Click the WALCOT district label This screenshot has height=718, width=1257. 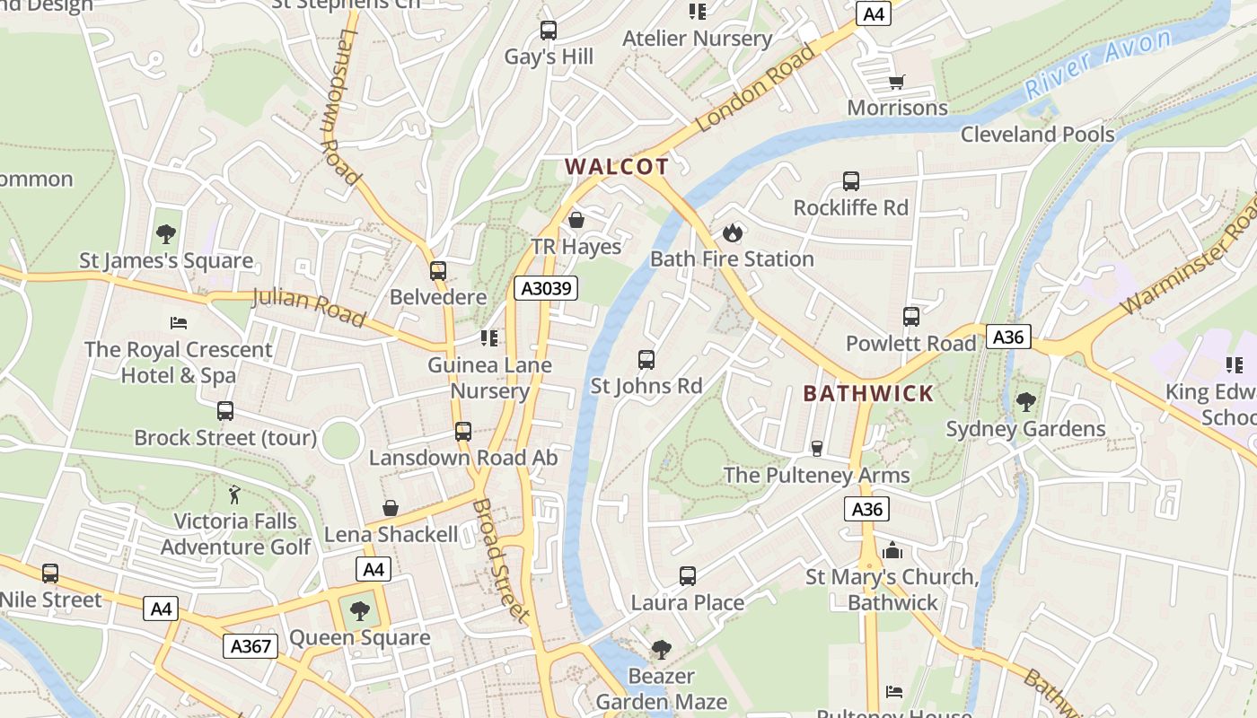point(617,167)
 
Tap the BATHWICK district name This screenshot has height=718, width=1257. point(868,393)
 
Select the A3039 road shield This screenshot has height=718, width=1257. point(546,288)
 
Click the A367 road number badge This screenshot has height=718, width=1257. point(251,646)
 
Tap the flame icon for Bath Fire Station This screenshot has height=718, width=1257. point(733,232)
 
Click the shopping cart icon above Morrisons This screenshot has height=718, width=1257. point(896,83)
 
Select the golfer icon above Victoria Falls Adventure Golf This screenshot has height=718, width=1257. point(235,495)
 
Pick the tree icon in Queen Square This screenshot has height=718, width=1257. point(360,611)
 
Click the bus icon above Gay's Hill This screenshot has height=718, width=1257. point(549,31)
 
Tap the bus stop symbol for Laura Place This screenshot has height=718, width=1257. point(688,576)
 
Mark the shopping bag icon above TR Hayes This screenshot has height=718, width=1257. point(576,220)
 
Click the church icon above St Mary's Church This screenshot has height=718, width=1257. point(892,550)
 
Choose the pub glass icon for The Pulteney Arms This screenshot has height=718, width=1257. point(817,448)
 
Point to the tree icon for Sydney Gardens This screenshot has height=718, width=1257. point(1025,402)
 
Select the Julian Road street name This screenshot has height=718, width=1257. point(309,307)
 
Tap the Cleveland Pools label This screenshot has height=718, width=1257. point(1037,135)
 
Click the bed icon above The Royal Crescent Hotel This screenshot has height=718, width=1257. point(179,322)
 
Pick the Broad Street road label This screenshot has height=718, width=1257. point(498,560)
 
